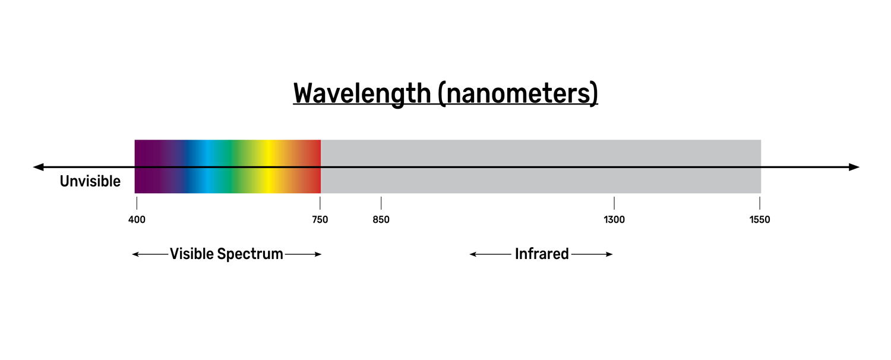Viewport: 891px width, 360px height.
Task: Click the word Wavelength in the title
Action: coord(362,94)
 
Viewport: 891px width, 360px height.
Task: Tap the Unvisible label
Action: coord(90,181)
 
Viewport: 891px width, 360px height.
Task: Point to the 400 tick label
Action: coord(137,220)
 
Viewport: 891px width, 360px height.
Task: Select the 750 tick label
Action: coord(320,220)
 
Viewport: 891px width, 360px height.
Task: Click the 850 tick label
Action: coord(381,220)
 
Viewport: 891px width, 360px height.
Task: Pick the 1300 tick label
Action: coord(614,220)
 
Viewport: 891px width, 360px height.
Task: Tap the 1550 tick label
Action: coord(760,220)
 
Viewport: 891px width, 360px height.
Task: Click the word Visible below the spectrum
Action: coord(191,254)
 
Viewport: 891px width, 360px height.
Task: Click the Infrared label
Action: coord(542,254)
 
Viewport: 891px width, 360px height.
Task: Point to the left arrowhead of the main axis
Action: coord(38,167)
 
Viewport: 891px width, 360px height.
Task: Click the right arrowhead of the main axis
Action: coord(855,167)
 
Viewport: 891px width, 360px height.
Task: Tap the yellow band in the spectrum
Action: coord(270,154)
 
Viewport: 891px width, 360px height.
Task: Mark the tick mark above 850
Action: coord(381,203)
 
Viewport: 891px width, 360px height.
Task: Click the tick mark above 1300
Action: coord(614,203)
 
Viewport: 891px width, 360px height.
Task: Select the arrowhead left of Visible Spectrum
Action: coord(135,254)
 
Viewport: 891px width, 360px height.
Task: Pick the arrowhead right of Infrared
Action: coord(609,254)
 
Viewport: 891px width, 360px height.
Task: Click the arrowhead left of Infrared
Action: coord(473,254)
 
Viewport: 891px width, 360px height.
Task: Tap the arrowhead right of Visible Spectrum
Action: coord(318,254)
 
